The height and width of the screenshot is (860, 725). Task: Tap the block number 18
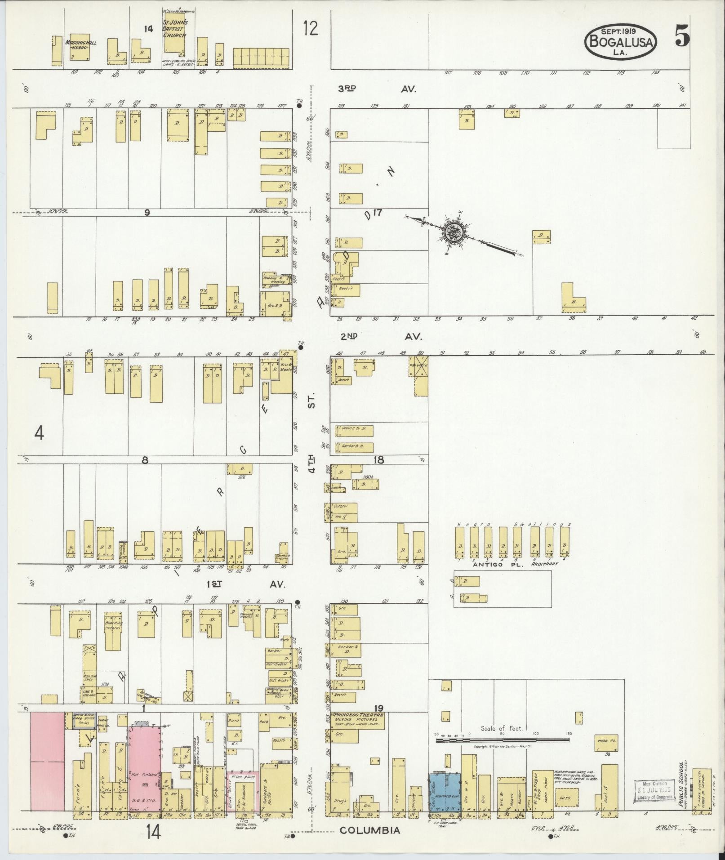tap(378, 459)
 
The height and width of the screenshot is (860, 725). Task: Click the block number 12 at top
tap(310, 29)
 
